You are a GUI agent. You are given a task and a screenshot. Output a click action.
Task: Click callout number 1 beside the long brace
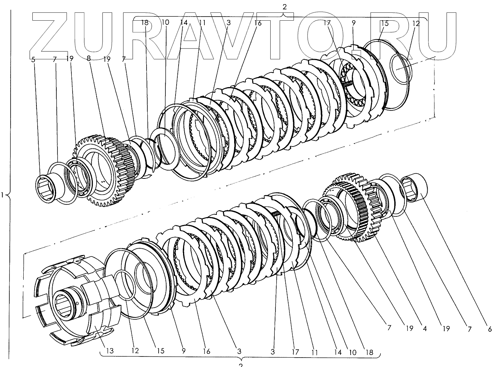click(x=3, y=195)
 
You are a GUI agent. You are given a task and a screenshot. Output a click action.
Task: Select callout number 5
click(x=33, y=59)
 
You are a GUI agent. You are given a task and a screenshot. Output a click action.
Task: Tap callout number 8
click(x=88, y=59)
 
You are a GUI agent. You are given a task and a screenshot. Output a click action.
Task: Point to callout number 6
click(x=490, y=329)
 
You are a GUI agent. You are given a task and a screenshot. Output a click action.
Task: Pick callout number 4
click(x=424, y=329)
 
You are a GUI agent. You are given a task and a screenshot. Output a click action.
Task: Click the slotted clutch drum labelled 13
click(x=75, y=301)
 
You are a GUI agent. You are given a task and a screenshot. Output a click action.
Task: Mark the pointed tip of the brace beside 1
click(x=8, y=195)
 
